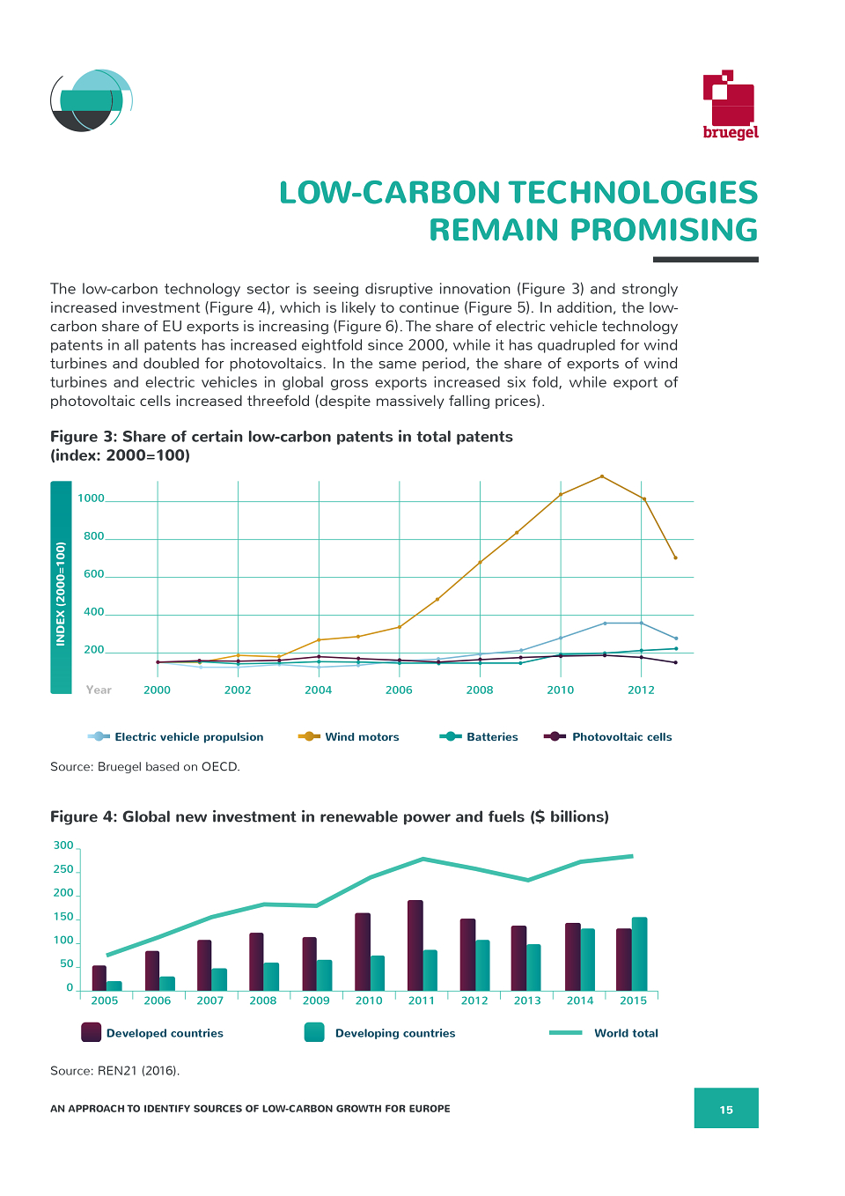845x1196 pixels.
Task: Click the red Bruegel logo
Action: tap(730, 105)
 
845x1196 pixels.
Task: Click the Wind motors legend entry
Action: tap(349, 737)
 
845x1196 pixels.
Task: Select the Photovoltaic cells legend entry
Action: tap(607, 737)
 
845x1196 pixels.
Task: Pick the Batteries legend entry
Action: tap(479, 737)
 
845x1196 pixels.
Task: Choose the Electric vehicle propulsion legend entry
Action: tap(175, 737)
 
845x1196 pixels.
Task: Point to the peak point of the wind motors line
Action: tap(602, 476)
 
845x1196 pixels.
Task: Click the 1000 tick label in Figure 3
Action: tap(91, 498)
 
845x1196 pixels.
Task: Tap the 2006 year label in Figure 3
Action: tap(399, 690)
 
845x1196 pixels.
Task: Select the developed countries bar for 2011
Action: tap(415, 946)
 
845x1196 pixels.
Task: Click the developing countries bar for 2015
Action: tap(639, 954)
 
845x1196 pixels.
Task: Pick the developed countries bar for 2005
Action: tap(99, 978)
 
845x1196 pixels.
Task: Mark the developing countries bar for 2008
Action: tap(271, 977)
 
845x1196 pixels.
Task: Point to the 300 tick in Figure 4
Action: tap(63, 845)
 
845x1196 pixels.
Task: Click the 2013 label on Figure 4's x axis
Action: tap(527, 1000)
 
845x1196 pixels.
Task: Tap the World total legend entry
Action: tap(603, 1033)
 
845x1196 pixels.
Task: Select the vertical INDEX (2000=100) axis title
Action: tap(61, 594)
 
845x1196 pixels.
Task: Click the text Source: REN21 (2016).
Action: tap(114, 1071)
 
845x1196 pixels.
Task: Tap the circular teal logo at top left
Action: tap(92, 100)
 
